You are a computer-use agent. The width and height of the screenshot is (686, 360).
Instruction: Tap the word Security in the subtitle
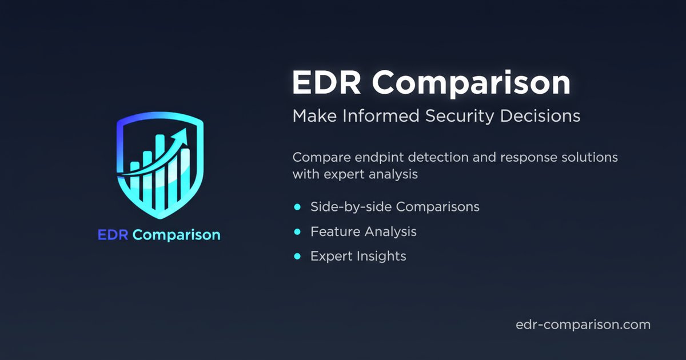[x=462, y=116]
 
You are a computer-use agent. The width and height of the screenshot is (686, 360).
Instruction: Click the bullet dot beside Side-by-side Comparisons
[x=297, y=207]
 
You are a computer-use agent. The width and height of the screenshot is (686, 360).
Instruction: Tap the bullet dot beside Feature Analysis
[x=297, y=232]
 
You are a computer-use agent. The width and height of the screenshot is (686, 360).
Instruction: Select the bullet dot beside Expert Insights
[x=297, y=257]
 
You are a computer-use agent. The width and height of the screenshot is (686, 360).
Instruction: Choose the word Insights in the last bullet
[x=381, y=257]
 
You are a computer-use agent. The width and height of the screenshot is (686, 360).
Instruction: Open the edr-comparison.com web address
[x=583, y=325]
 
